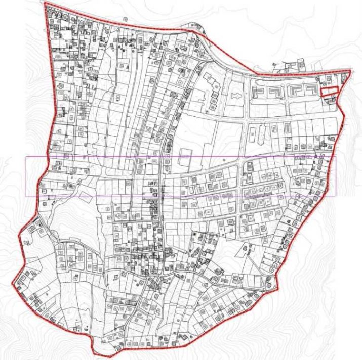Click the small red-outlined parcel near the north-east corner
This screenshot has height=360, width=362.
329,91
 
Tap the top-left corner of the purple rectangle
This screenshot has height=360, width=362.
26,157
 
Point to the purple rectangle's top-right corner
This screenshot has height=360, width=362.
336,157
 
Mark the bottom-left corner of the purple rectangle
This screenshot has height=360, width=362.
26,196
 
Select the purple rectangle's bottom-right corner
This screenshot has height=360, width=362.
336,196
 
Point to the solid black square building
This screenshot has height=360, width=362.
195,235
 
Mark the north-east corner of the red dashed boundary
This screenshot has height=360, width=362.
350,71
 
